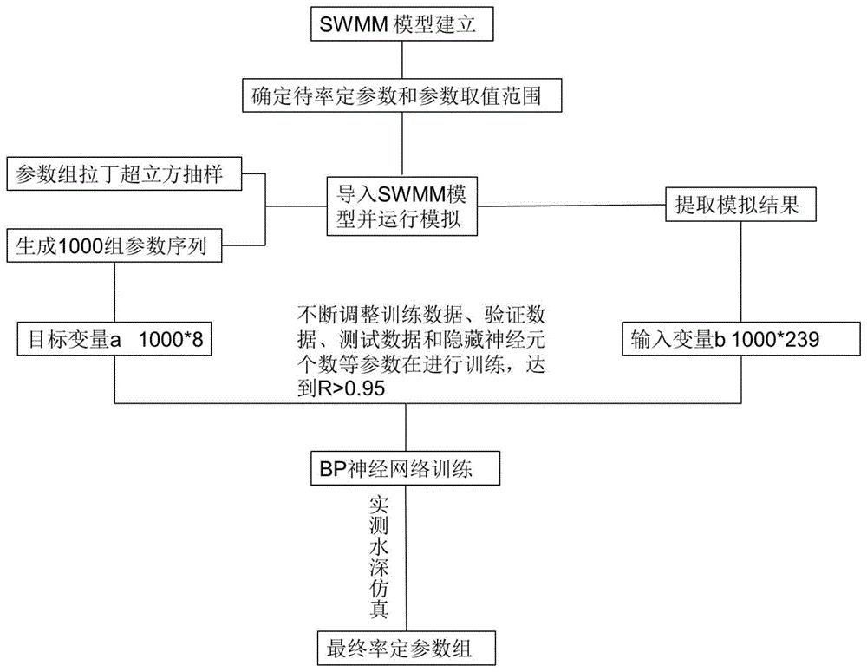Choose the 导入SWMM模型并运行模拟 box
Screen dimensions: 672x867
[403, 206]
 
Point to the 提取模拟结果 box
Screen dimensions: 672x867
[740, 205]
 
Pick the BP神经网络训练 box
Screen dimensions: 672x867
[406, 471]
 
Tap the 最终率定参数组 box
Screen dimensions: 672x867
[406, 647]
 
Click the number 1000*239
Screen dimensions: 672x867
[783, 341]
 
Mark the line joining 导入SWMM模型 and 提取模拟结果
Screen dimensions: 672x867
[572, 206]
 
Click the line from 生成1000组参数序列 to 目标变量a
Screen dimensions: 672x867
[115, 291]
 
